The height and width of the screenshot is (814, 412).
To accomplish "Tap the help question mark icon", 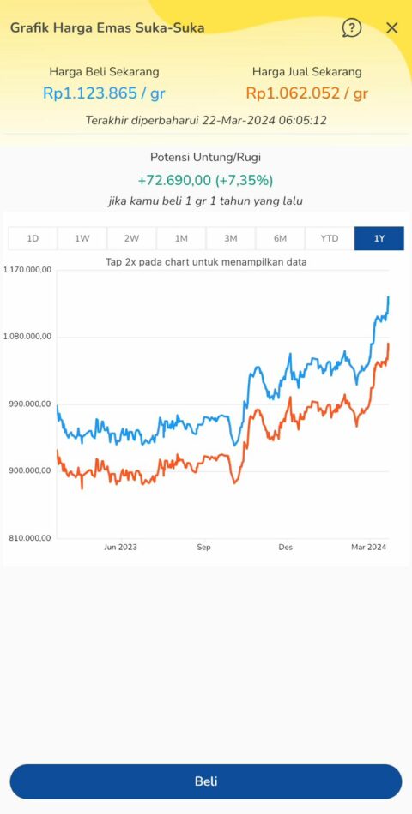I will tap(351, 28).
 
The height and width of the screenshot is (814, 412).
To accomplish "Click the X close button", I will tap(392, 28).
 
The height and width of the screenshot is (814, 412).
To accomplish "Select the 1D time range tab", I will tap(33, 238).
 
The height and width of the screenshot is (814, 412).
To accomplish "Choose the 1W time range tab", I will tap(82, 238).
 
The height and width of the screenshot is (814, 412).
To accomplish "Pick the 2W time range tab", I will tap(131, 238).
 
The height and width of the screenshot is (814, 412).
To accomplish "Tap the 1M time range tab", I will tap(181, 238).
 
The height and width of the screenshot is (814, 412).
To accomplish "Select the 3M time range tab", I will tap(231, 238).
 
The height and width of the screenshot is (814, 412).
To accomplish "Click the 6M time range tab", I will tap(280, 238).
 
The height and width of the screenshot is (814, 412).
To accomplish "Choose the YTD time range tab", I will tap(330, 238).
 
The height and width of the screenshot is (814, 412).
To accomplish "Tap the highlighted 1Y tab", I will tap(379, 238).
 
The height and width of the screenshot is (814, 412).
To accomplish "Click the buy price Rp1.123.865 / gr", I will tap(104, 93).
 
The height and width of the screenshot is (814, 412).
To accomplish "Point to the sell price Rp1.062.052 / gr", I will tap(307, 93).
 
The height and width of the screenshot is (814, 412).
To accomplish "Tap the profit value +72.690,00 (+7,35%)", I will tap(205, 180).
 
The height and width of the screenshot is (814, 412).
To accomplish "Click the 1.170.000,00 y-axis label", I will tap(28, 270).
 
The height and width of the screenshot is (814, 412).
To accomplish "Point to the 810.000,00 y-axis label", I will tap(28, 538).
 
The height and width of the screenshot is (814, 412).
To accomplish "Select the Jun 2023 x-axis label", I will tap(120, 547).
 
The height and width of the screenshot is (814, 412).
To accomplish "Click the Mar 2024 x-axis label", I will tap(368, 547).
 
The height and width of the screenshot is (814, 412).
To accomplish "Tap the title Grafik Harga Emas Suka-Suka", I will tap(107, 27).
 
